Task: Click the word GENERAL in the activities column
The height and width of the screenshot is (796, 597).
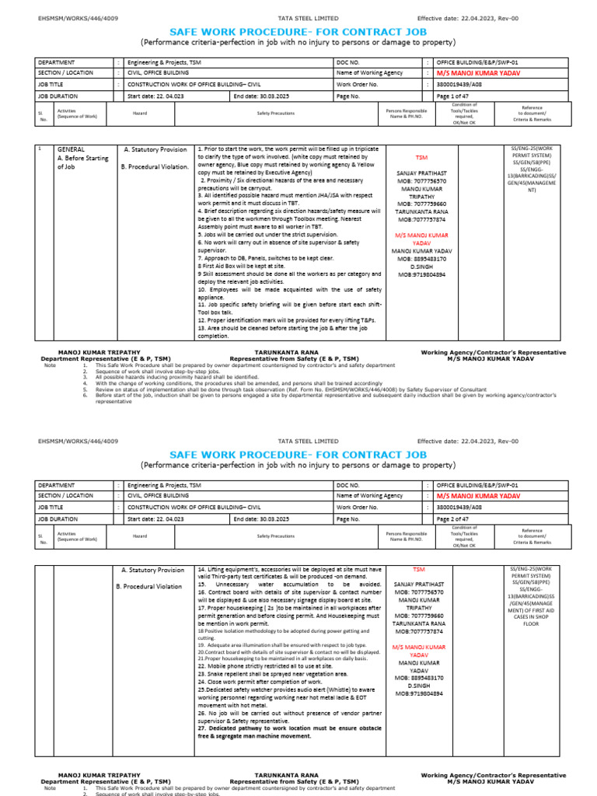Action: pyautogui.click(x=71, y=148)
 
